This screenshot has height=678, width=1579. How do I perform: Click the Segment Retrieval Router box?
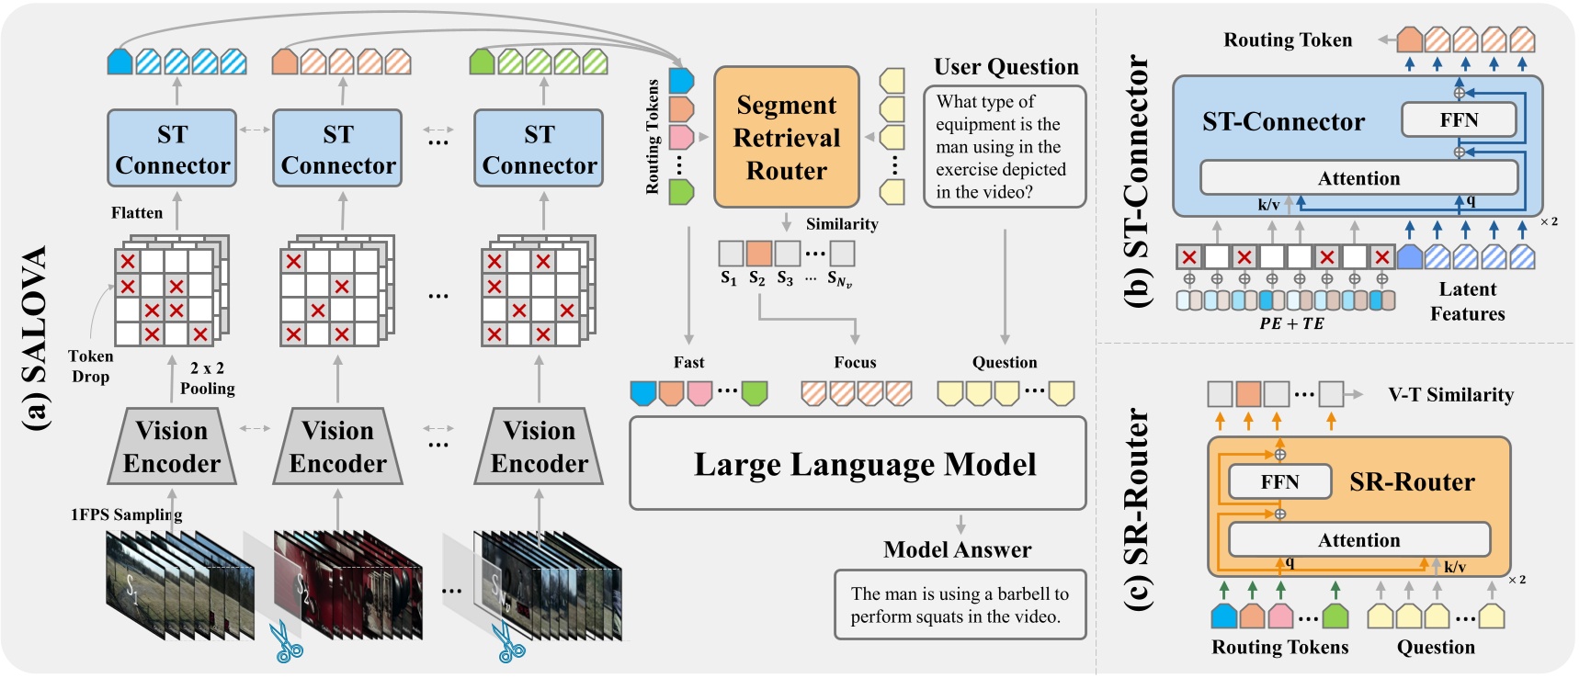(x=786, y=137)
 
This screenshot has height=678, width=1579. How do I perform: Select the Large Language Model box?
(x=858, y=463)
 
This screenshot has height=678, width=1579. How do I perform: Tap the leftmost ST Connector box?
(x=172, y=148)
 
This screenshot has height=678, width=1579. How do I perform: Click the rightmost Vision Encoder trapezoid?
(x=539, y=446)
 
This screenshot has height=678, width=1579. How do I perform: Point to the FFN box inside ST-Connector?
(x=1458, y=119)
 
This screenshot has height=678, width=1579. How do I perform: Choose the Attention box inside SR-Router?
(x=1358, y=539)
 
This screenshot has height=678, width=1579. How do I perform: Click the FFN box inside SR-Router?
(x=1279, y=481)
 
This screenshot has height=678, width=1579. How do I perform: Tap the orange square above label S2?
(x=758, y=253)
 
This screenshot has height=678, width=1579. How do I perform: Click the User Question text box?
(x=1004, y=147)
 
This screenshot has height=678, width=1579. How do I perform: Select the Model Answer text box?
(x=960, y=605)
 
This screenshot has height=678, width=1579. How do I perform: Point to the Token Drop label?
(x=90, y=366)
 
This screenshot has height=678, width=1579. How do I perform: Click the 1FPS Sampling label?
(x=126, y=514)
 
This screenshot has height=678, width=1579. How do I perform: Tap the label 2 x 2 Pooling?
(x=208, y=378)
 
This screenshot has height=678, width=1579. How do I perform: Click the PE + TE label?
(x=1291, y=323)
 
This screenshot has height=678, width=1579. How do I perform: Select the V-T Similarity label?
(x=1450, y=395)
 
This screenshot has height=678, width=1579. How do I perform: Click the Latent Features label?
(x=1467, y=301)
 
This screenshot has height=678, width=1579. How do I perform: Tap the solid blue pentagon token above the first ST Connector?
(x=119, y=62)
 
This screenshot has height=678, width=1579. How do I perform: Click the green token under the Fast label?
(x=755, y=393)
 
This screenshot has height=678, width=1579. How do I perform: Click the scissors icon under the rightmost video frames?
(x=509, y=643)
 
